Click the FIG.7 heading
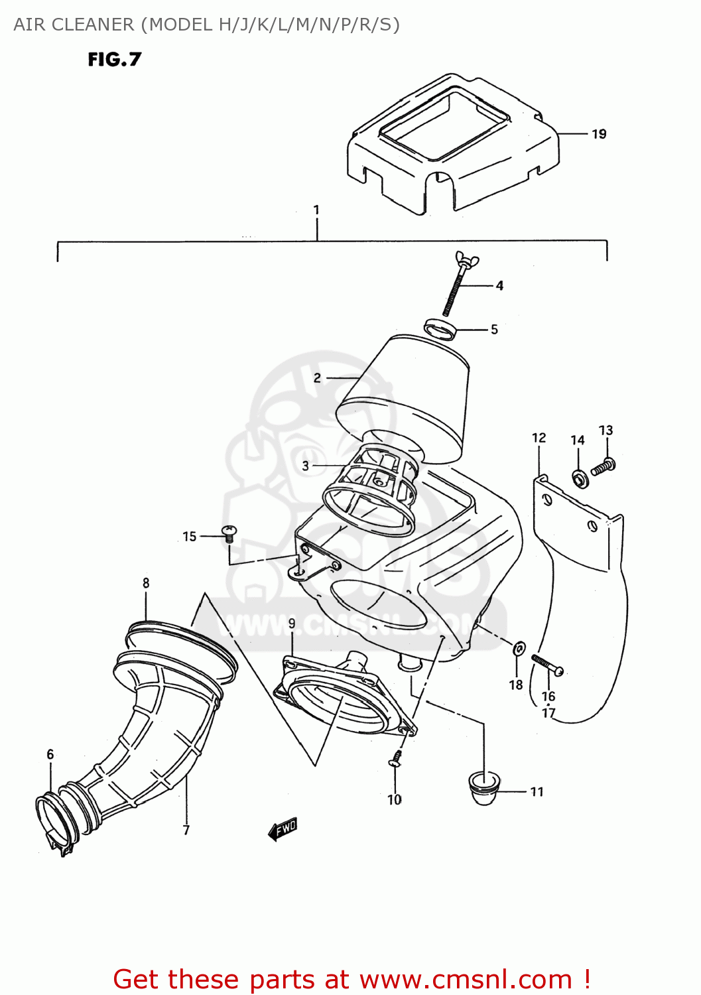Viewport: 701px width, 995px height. pyautogui.click(x=114, y=60)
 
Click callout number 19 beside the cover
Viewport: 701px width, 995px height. pyautogui.click(x=598, y=134)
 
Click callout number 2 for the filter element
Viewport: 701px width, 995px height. pyautogui.click(x=317, y=378)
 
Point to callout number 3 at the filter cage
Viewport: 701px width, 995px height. pyautogui.click(x=305, y=466)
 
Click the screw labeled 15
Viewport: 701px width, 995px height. pyautogui.click(x=229, y=533)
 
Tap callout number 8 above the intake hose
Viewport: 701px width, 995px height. pyautogui.click(x=146, y=583)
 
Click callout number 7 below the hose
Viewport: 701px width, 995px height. pyautogui.click(x=186, y=830)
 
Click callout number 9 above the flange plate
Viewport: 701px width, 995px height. pyautogui.click(x=292, y=624)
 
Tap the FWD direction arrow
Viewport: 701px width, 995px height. pyautogui.click(x=283, y=829)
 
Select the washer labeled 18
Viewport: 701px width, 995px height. pyautogui.click(x=519, y=648)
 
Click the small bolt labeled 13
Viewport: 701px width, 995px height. pyautogui.click(x=604, y=466)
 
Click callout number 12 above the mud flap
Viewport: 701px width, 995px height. pyautogui.click(x=539, y=438)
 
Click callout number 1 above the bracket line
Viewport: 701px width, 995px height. pyautogui.click(x=316, y=210)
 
